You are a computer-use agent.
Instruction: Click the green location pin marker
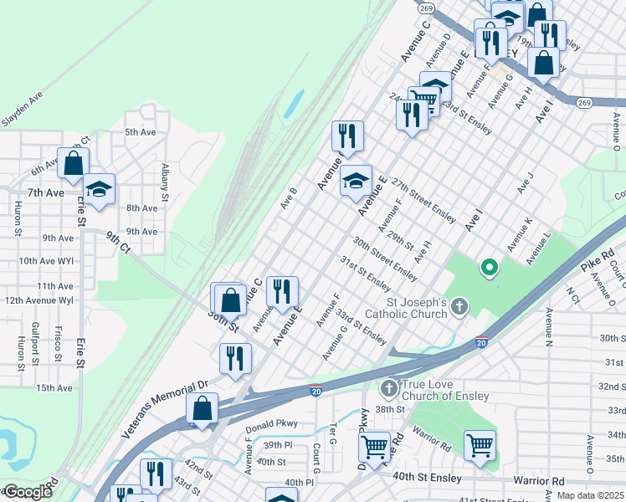pyautogui.click(x=489, y=269)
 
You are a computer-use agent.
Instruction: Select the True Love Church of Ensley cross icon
pyautogui.click(x=388, y=388)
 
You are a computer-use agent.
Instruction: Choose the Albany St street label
pyautogui.click(x=165, y=177)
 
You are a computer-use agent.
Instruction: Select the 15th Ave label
pyautogui.click(x=54, y=387)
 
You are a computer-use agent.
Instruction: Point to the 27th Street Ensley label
pyautogui.click(x=423, y=201)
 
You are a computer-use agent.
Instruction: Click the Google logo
pyautogui.click(x=28, y=492)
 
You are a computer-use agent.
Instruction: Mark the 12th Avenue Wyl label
pyautogui.click(x=39, y=300)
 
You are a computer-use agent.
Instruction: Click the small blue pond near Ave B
pyautogui.click(x=294, y=104)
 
